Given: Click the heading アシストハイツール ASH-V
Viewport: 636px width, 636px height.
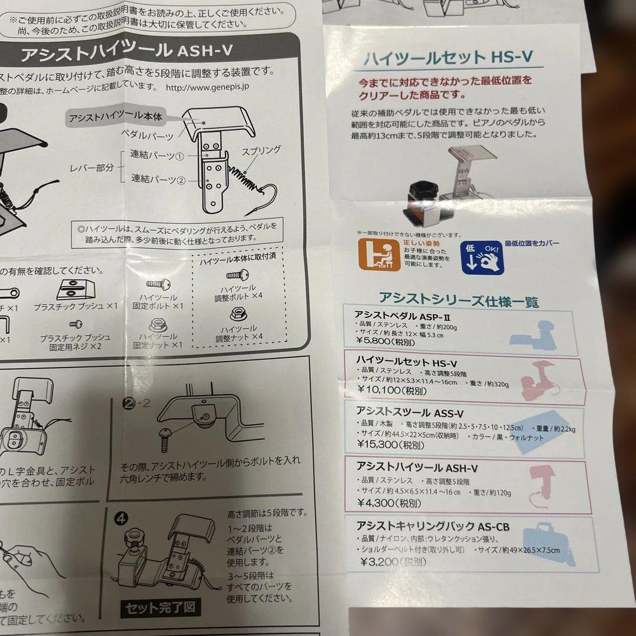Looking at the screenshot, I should click(127, 54).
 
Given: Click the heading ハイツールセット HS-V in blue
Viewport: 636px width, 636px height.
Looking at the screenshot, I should click(448, 57).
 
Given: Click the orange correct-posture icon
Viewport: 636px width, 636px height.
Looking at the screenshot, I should click(379, 253).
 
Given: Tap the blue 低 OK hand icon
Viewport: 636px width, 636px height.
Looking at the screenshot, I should click(482, 257).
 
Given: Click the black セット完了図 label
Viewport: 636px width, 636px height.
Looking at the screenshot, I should click(158, 607).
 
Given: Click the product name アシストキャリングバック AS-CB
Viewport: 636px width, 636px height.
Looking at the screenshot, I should click(432, 526).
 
